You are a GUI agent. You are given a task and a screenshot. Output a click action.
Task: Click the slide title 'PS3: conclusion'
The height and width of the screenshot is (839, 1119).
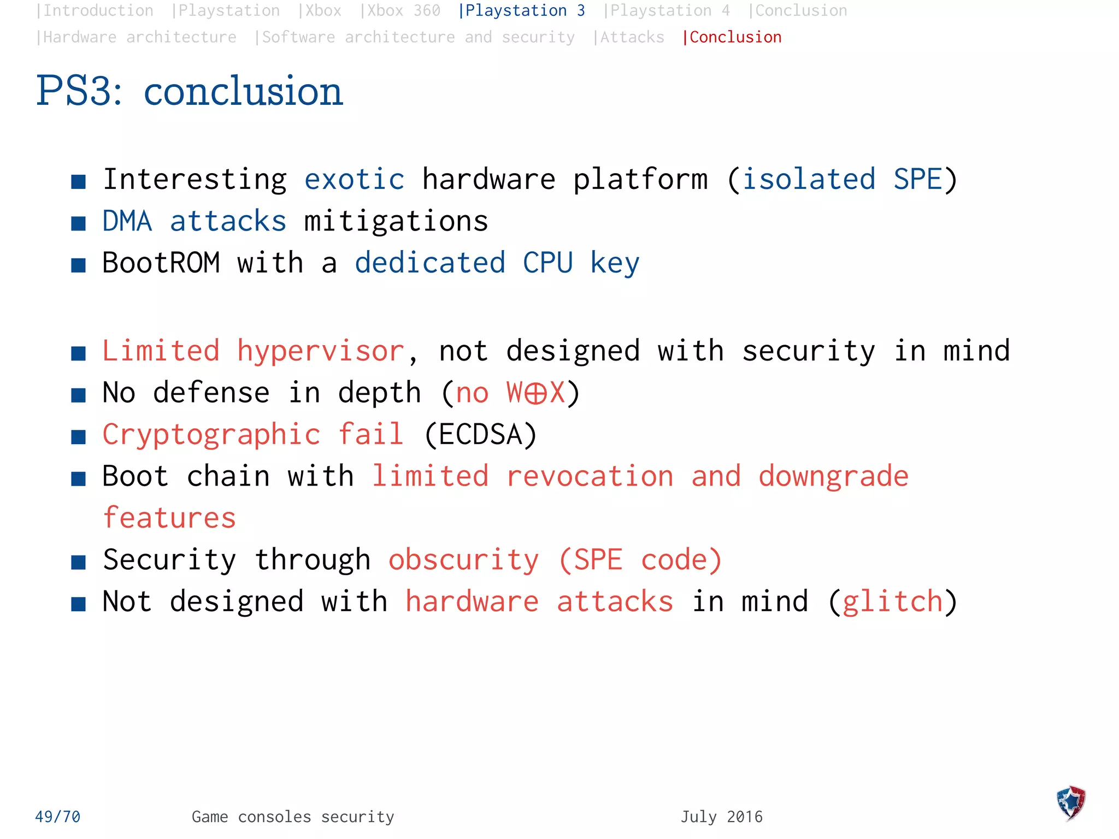189,91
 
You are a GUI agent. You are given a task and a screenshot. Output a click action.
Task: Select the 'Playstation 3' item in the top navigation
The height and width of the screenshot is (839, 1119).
522,10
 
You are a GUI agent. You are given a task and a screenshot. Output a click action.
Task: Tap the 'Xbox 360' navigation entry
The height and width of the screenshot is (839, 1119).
401,10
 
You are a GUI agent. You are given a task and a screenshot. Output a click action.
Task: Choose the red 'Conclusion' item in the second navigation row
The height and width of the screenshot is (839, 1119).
732,37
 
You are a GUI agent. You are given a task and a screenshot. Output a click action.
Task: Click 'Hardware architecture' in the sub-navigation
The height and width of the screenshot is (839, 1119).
137,37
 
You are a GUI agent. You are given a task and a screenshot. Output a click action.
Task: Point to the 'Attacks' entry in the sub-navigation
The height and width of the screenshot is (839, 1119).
629,37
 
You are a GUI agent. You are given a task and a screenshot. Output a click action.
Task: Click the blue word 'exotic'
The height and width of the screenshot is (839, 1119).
354,180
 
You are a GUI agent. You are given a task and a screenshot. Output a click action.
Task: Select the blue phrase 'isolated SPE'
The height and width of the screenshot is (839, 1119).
842,180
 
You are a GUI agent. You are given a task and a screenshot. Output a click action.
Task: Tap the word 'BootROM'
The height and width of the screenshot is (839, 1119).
161,263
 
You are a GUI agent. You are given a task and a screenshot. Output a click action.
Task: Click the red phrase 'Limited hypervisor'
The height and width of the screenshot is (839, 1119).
253,351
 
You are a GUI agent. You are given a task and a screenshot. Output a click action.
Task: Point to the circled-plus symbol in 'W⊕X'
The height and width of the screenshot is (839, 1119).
535,393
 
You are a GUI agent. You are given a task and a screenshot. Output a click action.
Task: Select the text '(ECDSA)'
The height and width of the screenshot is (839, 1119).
481,435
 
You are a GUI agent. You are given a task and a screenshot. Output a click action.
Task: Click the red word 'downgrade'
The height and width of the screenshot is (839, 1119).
833,476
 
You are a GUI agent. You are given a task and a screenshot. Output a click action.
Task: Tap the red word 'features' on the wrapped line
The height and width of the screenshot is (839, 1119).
169,518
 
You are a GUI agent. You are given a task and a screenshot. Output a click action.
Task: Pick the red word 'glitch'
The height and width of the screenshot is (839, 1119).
893,602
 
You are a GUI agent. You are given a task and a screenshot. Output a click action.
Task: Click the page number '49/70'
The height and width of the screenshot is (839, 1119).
57,817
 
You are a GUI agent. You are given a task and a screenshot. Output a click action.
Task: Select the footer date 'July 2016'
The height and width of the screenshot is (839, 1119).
721,817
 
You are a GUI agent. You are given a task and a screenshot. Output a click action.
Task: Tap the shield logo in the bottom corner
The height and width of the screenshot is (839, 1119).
1071,802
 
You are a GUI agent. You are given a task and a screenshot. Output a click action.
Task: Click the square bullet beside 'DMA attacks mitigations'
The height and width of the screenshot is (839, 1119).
79,223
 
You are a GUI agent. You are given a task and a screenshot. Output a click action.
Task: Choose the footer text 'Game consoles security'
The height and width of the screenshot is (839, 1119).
293,817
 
